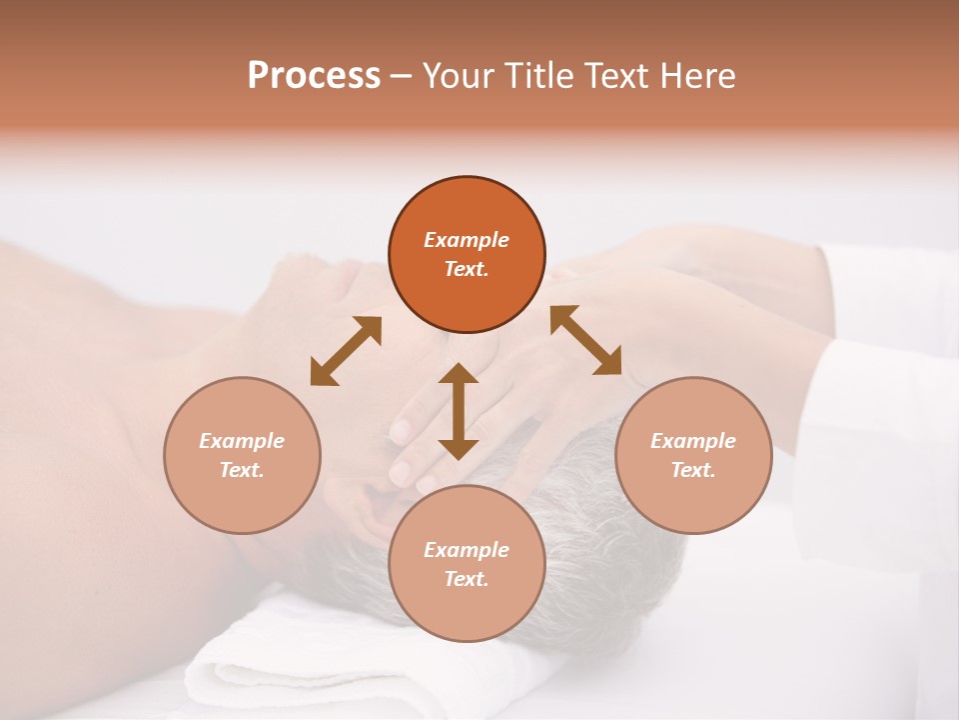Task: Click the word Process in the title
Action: tap(314, 76)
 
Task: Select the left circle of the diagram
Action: tap(242, 455)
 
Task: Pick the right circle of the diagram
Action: tap(693, 455)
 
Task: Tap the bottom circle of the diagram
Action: tap(467, 564)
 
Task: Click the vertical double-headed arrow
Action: tap(459, 411)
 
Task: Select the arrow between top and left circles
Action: tap(346, 351)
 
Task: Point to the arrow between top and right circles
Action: tap(585, 340)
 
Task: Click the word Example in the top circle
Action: tap(467, 240)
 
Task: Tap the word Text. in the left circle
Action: tap(242, 470)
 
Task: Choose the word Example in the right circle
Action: tap(693, 441)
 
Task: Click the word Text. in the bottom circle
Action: tap(467, 579)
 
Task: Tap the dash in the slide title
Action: tap(401, 76)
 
